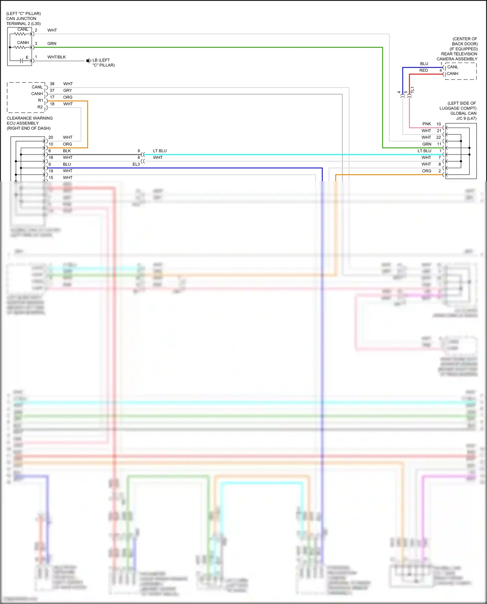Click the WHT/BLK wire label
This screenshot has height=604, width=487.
click(56, 57)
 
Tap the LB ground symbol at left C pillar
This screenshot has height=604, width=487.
click(88, 61)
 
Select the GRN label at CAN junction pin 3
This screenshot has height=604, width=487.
click(52, 43)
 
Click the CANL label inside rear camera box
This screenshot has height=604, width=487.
click(453, 67)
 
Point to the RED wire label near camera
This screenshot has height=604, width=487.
click(423, 70)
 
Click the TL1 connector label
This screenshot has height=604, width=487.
click(412, 90)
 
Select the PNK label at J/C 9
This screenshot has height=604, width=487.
click(427, 124)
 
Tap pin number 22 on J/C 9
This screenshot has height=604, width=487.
click(439, 137)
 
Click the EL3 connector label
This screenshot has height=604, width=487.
click(136, 165)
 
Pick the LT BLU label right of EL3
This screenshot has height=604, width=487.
click(160, 151)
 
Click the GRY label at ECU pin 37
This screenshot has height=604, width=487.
click(68, 91)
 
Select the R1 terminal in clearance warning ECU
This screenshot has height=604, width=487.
click(41, 101)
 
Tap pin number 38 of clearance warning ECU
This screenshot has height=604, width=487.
click(52, 84)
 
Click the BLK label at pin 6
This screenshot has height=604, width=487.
click(67, 151)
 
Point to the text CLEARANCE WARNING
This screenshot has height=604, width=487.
click(30, 118)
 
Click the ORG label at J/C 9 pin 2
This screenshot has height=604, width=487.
click(427, 171)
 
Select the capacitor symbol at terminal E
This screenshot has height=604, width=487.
click(22, 61)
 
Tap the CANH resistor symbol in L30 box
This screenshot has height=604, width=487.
click(20, 47)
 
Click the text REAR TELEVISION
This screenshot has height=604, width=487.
click(459, 54)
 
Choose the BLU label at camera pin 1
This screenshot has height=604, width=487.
click(424, 64)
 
